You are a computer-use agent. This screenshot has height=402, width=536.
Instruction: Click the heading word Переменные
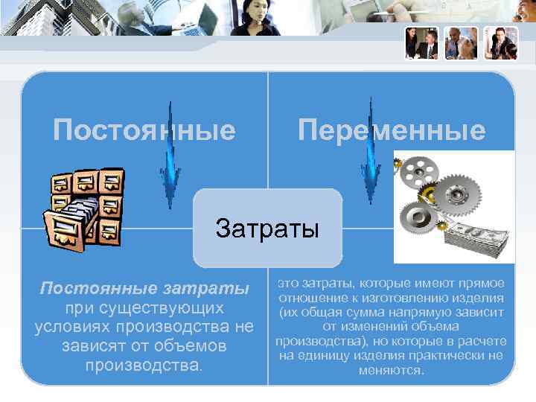tap(392, 131)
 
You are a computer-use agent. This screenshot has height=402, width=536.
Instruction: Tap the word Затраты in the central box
tap(267, 227)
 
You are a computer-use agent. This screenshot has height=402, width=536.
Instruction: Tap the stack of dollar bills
tap(473, 238)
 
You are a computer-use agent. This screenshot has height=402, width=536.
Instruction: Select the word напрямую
tap(432, 313)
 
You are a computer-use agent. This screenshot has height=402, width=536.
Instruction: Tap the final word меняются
tap(391, 369)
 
